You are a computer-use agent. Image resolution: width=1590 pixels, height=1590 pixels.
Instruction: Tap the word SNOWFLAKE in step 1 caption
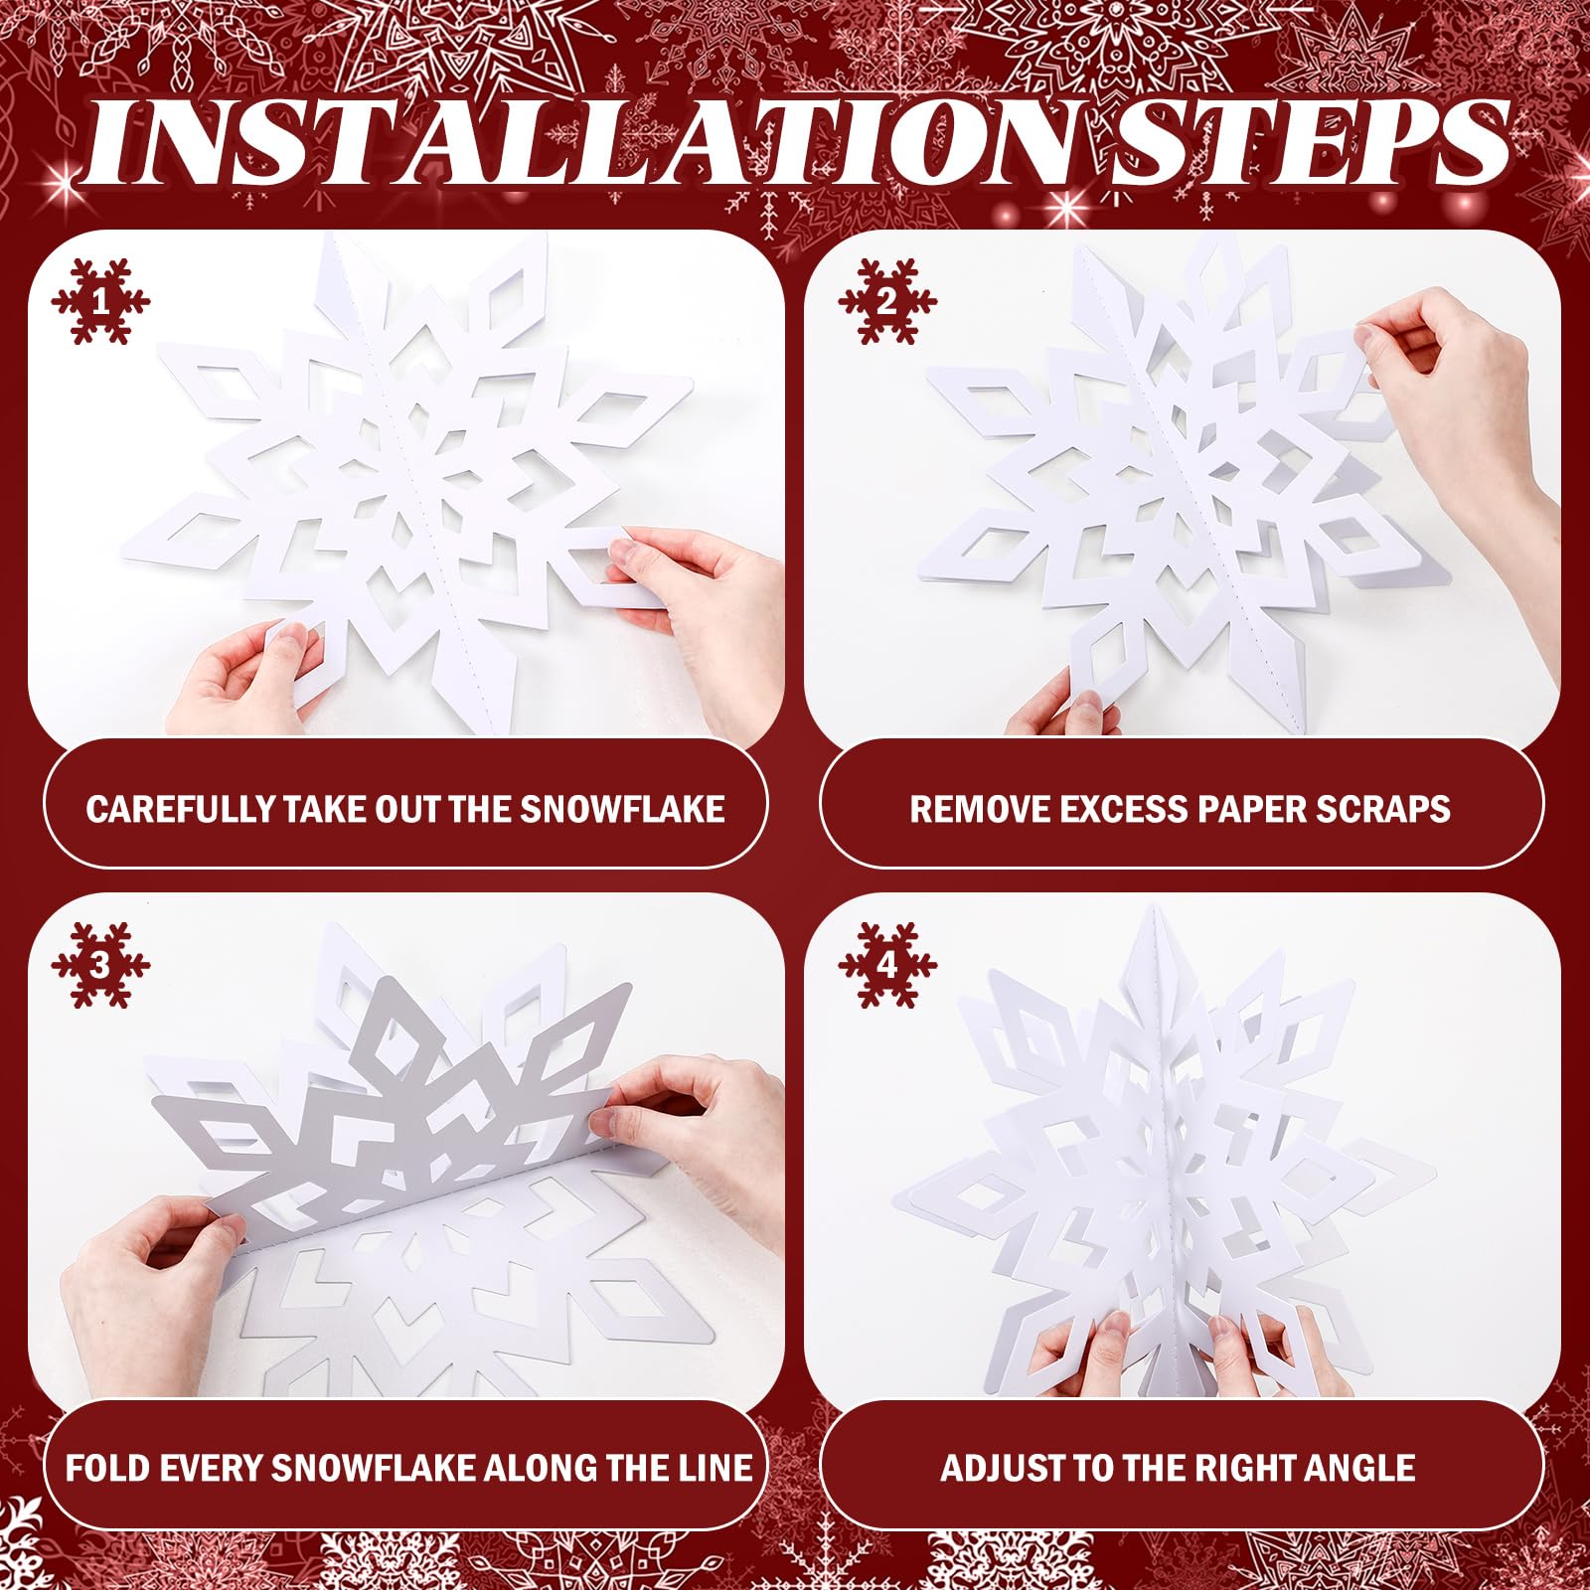click(x=623, y=809)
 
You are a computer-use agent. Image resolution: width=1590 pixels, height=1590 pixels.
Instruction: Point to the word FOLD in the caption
click(x=103, y=1468)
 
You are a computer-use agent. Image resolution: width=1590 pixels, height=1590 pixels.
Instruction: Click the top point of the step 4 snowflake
click(x=1152, y=909)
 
